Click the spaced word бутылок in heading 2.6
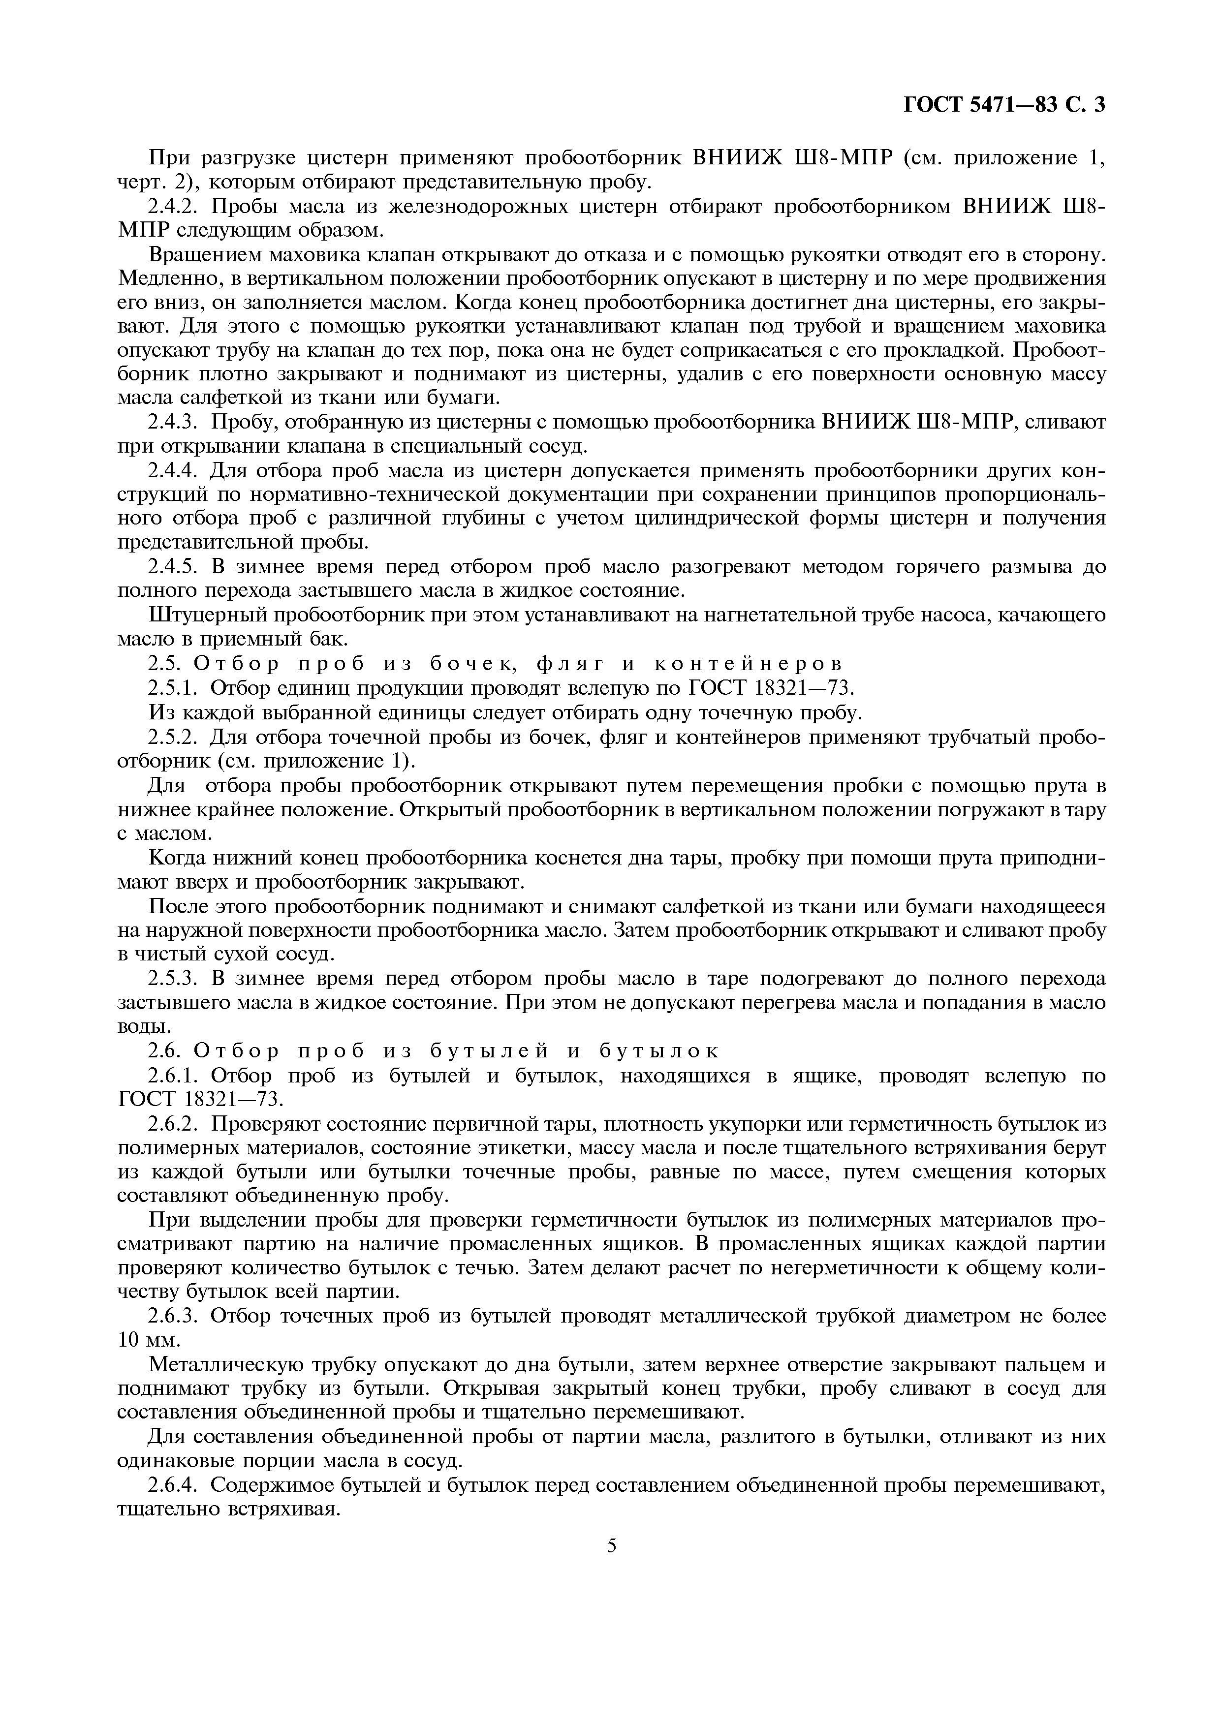(659, 1051)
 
